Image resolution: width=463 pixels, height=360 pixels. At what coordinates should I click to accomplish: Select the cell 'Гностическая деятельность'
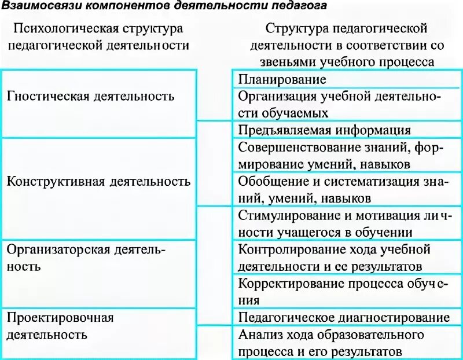[x=91, y=96]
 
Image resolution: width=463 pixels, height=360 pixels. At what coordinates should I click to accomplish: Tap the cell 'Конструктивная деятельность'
[x=98, y=181]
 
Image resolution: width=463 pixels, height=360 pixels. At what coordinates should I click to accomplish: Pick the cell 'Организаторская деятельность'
[x=86, y=258]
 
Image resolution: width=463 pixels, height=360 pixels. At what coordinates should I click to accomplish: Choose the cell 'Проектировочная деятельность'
[x=60, y=326]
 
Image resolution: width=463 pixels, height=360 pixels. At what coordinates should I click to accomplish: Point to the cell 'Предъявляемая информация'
[x=325, y=130]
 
